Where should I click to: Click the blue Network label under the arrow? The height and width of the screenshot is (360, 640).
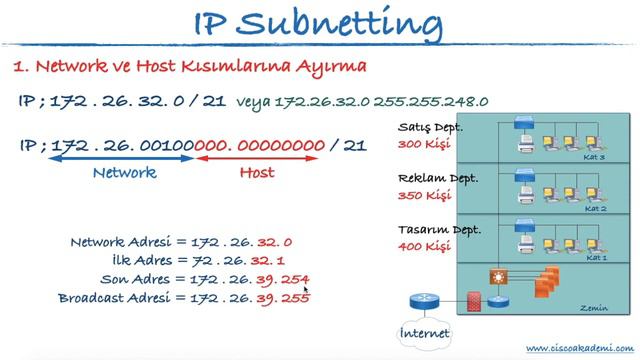(x=124, y=172)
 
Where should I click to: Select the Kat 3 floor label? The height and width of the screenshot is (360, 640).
(x=596, y=157)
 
